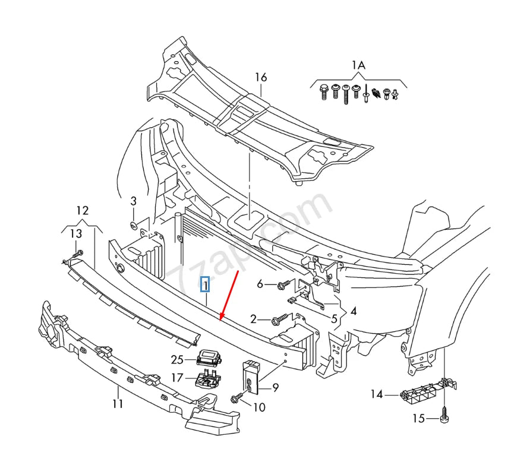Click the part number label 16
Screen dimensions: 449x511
pos(261,77)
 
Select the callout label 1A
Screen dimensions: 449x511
pos(358,65)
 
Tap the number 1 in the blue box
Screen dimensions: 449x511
pos(205,286)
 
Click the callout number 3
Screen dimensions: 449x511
pos(133,201)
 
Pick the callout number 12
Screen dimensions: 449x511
pos(82,210)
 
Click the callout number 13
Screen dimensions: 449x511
pos(76,234)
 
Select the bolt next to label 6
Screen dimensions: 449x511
pos(283,286)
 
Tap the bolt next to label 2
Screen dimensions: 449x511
pos(278,321)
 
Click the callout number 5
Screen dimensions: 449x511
pos(334,319)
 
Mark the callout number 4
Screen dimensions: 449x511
pos(353,311)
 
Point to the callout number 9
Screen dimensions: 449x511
pos(275,388)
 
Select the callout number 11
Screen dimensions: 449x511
pos(118,404)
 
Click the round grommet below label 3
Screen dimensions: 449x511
pos(134,225)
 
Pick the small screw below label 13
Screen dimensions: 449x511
pos(75,257)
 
